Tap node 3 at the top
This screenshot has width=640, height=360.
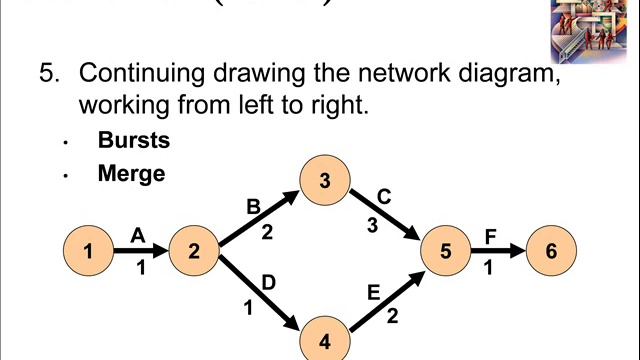323,181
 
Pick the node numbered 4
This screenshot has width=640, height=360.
323,339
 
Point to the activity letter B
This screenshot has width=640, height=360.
253,206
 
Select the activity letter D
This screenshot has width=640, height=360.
268,283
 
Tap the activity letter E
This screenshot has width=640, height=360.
374,293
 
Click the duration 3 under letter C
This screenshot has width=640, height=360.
372,225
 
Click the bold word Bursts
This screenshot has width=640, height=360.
134,140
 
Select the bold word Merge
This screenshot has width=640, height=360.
131,173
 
